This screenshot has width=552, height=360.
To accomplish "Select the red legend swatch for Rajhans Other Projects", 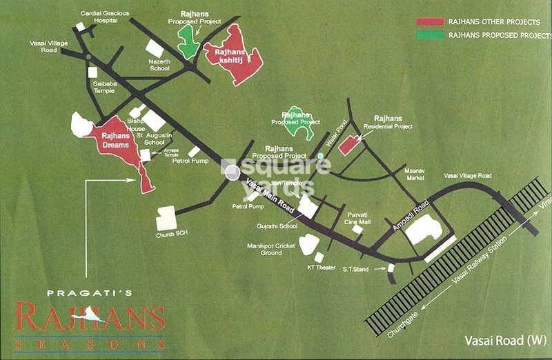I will tap(429, 22).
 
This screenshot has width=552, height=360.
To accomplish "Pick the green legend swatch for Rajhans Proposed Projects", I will tap(429, 34).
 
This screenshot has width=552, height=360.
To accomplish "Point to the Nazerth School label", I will tap(159, 64).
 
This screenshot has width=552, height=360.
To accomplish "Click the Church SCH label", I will tap(172, 234).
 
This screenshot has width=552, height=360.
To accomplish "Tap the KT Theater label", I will tap(321, 268).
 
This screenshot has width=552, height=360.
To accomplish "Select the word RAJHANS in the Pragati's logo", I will tap(90, 319).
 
